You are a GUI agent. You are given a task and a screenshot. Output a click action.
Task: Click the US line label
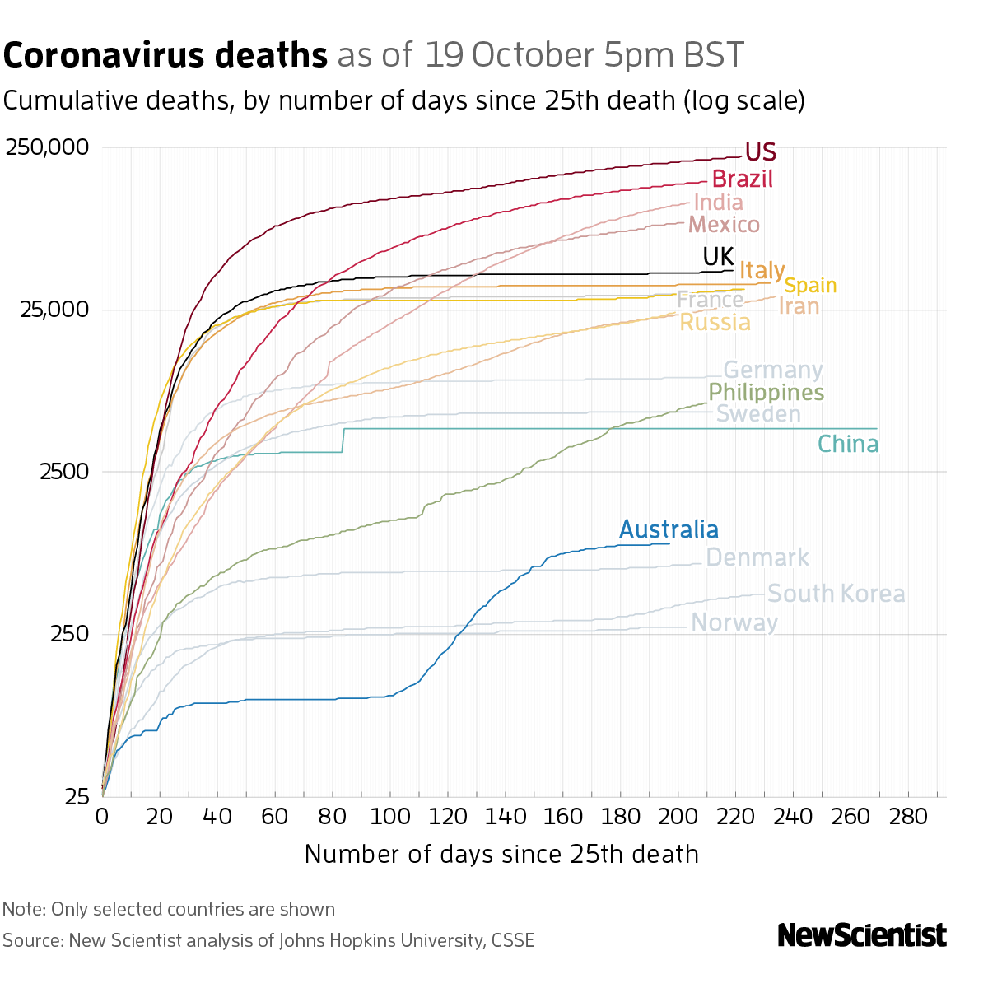click(x=760, y=152)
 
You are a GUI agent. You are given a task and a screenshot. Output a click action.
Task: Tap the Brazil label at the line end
click(x=742, y=179)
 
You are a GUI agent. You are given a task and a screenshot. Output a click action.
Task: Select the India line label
click(x=718, y=203)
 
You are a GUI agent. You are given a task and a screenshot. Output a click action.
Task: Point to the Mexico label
click(x=724, y=225)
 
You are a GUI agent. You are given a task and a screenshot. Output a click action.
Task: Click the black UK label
click(x=718, y=257)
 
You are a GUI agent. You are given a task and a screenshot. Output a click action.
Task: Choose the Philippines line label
click(x=766, y=393)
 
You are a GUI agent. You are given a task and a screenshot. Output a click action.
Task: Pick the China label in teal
click(x=848, y=445)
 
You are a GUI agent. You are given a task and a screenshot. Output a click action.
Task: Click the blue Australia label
click(x=669, y=529)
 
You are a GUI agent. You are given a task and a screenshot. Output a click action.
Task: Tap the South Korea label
click(x=836, y=594)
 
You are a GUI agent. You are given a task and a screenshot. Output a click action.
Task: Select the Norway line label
click(x=734, y=622)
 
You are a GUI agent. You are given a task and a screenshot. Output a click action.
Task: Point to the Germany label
click(x=772, y=370)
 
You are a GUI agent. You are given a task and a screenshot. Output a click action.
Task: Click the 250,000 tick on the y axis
click(x=47, y=148)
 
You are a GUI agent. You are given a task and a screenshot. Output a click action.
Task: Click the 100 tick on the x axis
click(x=390, y=817)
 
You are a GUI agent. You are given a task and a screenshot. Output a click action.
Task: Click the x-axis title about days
click(x=501, y=854)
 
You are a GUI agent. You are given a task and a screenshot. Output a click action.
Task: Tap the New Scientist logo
click(x=862, y=936)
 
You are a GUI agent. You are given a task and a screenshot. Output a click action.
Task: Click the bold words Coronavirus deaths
click(x=165, y=56)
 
